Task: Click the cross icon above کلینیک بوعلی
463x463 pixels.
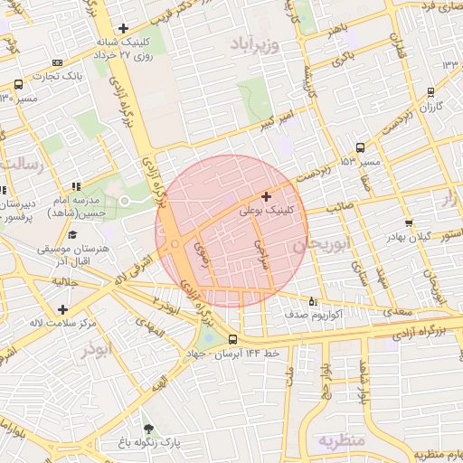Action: (266, 196)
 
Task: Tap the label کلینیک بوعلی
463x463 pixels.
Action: (266, 210)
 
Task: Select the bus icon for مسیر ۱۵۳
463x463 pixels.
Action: (361, 147)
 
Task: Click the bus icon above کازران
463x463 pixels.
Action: (430, 92)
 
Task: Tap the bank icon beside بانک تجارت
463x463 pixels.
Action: (58, 62)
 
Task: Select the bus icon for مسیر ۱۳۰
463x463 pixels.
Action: (19, 84)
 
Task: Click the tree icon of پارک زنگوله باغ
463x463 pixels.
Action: (148, 430)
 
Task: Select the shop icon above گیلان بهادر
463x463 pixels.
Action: (409, 222)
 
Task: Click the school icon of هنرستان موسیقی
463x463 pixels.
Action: (61, 233)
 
